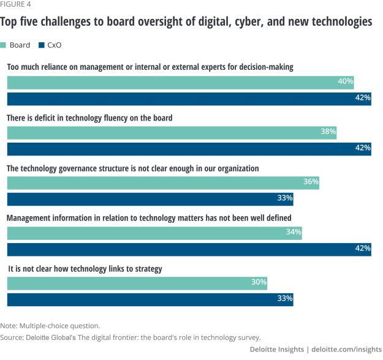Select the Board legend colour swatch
(x=4, y=45)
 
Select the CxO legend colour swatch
(x=42, y=45)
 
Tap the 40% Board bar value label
(x=346, y=81)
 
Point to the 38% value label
(x=328, y=131)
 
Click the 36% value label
(x=311, y=182)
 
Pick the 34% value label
(x=294, y=232)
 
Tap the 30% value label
(x=259, y=282)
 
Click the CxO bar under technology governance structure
(x=150, y=198)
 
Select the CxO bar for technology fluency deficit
(x=189, y=148)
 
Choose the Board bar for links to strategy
(x=137, y=283)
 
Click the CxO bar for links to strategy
(x=150, y=299)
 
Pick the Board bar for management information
(x=154, y=233)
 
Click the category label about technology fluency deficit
(x=97, y=117)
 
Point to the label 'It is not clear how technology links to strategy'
(x=84, y=268)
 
